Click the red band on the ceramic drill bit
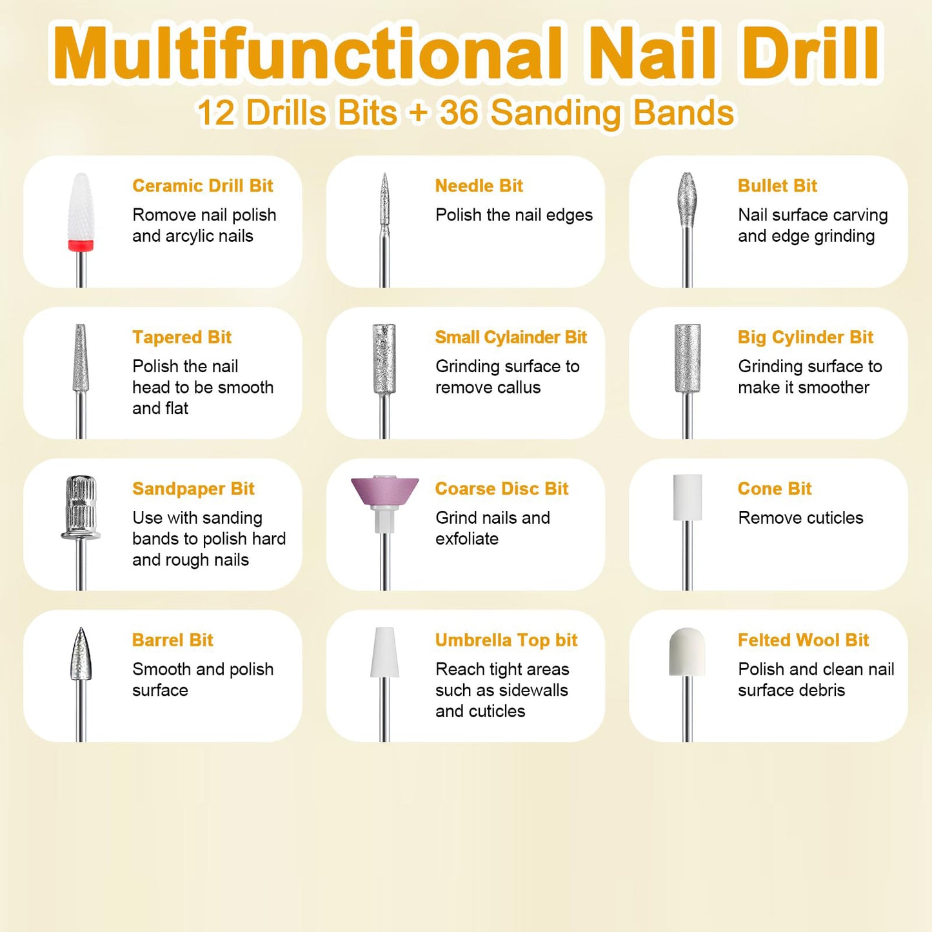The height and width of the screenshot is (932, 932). tap(81, 245)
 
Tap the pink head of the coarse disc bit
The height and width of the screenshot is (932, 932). tap(384, 491)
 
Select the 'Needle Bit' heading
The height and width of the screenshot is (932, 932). tap(479, 186)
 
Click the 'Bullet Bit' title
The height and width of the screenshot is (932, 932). tap(777, 186)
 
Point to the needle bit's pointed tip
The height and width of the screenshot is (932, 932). tap(384, 177)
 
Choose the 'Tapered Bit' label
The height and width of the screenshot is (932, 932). tap(182, 337)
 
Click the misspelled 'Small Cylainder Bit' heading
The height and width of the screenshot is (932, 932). tap(511, 337)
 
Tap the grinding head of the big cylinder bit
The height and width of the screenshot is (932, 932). tap(688, 358)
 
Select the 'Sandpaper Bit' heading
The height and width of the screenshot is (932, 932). tap(193, 489)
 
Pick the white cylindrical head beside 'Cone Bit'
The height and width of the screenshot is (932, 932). tap(688, 497)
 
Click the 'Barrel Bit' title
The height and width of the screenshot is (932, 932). tap(173, 640)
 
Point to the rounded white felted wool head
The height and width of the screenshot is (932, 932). tap(688, 651)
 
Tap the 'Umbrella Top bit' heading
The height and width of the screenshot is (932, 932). tap(506, 640)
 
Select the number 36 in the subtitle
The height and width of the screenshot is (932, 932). tap(459, 113)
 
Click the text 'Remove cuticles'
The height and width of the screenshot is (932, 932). tap(800, 518)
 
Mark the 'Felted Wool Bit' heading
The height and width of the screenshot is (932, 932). tap(803, 640)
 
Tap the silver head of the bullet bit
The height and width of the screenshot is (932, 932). tap(688, 200)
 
